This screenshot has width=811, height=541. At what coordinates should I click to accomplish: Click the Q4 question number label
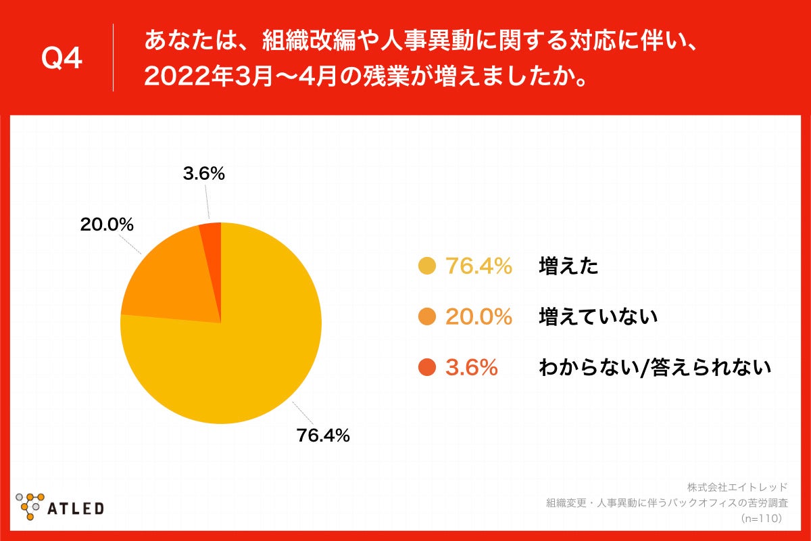[x=62, y=59]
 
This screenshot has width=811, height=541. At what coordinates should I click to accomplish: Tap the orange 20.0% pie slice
[x=169, y=277]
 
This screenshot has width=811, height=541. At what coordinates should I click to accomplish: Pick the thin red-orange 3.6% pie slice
[x=212, y=233]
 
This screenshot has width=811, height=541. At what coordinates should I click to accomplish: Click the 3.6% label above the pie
[x=203, y=174]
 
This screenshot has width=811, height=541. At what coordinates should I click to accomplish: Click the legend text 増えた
[x=568, y=266]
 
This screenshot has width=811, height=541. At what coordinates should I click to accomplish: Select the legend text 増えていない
[x=598, y=316]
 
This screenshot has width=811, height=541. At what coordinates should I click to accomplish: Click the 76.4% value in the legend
[x=478, y=266]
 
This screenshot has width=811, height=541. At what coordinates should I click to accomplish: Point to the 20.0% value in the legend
[x=478, y=316]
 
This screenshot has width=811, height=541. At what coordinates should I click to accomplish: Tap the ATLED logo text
[x=75, y=508]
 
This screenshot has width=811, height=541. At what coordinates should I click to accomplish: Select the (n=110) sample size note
[x=761, y=519]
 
